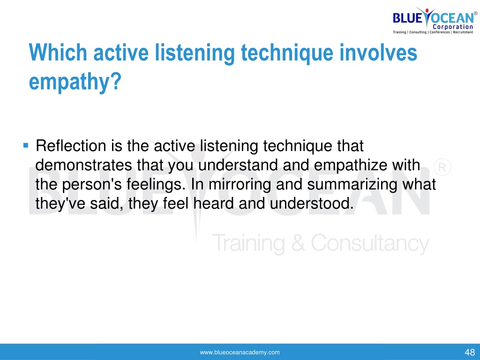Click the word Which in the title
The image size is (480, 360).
point(58,52)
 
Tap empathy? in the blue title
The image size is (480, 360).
point(75,82)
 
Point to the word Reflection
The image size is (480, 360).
point(71,146)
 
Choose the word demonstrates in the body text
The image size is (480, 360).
point(83,165)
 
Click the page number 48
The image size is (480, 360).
point(470,352)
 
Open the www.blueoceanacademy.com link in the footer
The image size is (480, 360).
point(240,352)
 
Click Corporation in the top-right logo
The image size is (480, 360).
point(453,27)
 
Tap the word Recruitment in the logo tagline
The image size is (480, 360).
point(463,32)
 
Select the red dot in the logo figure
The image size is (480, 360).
point(427,10)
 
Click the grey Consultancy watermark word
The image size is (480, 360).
point(370,244)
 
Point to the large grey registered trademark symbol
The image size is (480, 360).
point(442,167)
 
